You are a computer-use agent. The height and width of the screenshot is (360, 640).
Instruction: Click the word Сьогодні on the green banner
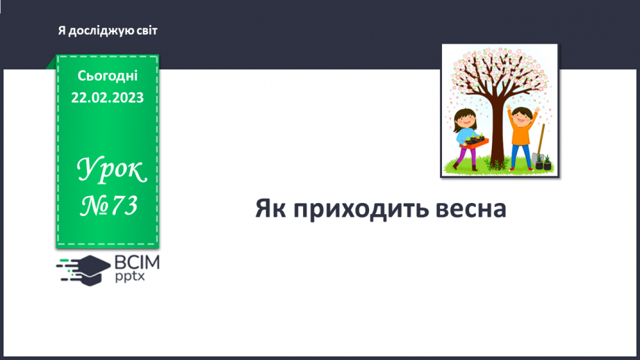click(107, 76)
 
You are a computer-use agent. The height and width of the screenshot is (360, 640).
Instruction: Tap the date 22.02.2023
click(107, 97)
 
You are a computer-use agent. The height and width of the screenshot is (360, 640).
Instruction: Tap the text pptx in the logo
click(132, 277)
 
